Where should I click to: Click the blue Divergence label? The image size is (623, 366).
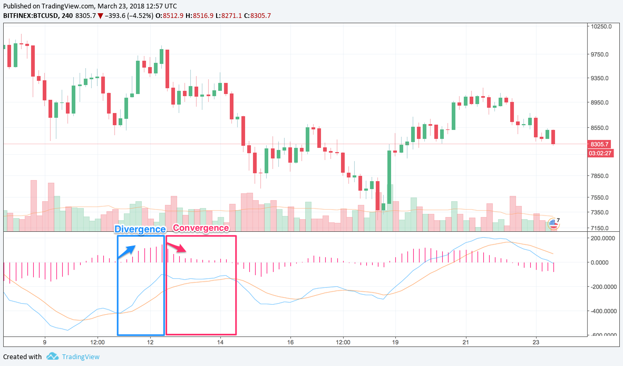[140, 229]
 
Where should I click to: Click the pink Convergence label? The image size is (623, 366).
[201, 228]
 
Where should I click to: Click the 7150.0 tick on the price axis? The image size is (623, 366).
[600, 228]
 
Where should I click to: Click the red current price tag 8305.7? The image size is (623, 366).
[600, 144]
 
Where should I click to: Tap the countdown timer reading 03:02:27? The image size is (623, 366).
[600, 153]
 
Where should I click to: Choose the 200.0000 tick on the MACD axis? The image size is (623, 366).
[602, 238]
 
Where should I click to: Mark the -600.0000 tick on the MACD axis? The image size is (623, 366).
[602, 335]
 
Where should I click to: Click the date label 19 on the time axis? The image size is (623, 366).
[395, 342]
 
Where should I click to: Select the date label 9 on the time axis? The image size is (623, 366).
[45, 342]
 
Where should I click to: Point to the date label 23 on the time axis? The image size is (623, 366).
[536, 342]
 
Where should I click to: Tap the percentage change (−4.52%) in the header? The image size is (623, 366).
[139, 16]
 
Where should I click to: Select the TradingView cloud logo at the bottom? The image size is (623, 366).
[52, 356]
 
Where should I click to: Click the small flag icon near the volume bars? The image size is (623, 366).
[553, 223]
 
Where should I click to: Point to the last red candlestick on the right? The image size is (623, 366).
[553, 137]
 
